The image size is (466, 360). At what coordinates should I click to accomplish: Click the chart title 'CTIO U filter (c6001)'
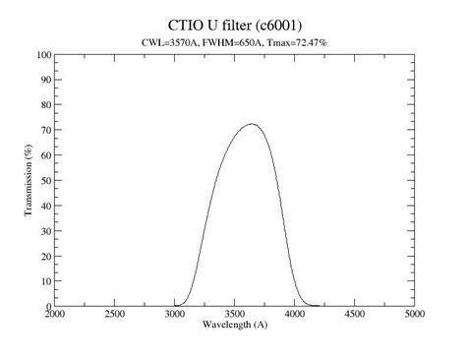pyautogui.click(x=234, y=23)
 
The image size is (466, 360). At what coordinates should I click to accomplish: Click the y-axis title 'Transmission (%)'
pyautogui.click(x=29, y=181)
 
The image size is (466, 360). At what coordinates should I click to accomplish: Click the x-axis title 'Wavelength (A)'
pyautogui.click(x=234, y=324)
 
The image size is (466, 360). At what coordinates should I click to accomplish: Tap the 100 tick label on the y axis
pyautogui.click(x=43, y=55)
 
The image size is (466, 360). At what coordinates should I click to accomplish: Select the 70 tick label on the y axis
pyautogui.click(x=45, y=131)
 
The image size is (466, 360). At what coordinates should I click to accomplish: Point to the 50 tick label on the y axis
pyautogui.click(x=45, y=181)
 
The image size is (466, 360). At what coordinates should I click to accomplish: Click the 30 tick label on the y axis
pyautogui.click(x=45, y=231)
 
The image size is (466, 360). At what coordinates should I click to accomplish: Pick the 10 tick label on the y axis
pyautogui.click(x=45, y=281)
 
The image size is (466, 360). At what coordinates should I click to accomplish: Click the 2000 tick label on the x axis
pyautogui.click(x=55, y=315)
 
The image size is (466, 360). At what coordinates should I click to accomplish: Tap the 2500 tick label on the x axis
pyautogui.click(x=115, y=315)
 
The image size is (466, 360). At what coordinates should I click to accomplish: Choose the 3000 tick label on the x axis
pyautogui.click(x=175, y=315)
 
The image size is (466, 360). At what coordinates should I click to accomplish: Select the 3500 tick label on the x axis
pyautogui.click(x=234, y=315)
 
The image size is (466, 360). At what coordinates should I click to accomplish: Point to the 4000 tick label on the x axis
pyautogui.click(x=294, y=315)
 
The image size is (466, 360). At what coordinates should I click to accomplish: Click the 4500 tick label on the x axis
pyautogui.click(x=354, y=315)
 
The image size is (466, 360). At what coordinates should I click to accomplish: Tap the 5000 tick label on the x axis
pyautogui.click(x=413, y=315)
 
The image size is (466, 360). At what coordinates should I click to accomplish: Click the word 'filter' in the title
pyautogui.click(x=237, y=23)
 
